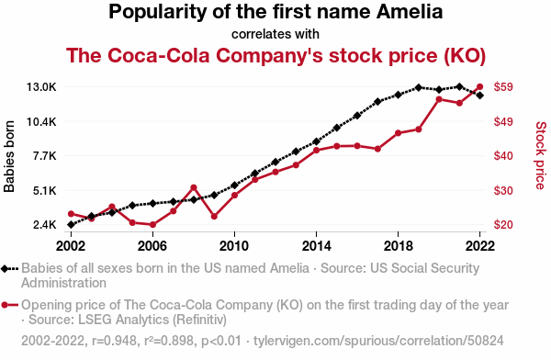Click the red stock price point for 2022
coord(479,86)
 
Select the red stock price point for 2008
coord(193,187)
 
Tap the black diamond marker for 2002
coord(71,224)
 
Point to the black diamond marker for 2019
coord(418,87)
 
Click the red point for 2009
coord(214,216)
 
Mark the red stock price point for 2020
coord(439,99)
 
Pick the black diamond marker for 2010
coord(234,186)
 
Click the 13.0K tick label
coord(41,87)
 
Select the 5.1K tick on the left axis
coord(45,191)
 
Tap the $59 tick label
coord(503,87)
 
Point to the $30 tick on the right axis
coord(503,190)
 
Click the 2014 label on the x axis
coord(316,246)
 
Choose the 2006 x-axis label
coord(152,246)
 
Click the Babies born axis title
coord(9,156)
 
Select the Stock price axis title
coord(541,155)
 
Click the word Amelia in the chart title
coord(410,12)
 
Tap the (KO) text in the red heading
coord(465,56)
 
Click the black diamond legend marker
coord(5,269)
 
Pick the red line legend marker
coord(5,305)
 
